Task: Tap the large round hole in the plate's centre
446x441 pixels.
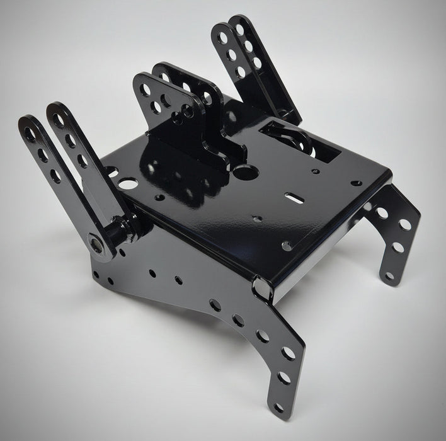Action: click(x=246, y=170)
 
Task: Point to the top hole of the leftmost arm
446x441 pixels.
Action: click(x=30, y=134)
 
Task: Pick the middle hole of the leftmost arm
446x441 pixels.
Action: click(x=43, y=154)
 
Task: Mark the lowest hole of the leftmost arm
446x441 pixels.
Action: click(x=56, y=176)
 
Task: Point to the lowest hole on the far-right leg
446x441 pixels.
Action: click(x=391, y=276)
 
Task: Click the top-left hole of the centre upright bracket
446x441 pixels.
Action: click(x=144, y=91)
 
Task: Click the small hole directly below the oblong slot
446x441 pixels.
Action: click(x=258, y=219)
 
